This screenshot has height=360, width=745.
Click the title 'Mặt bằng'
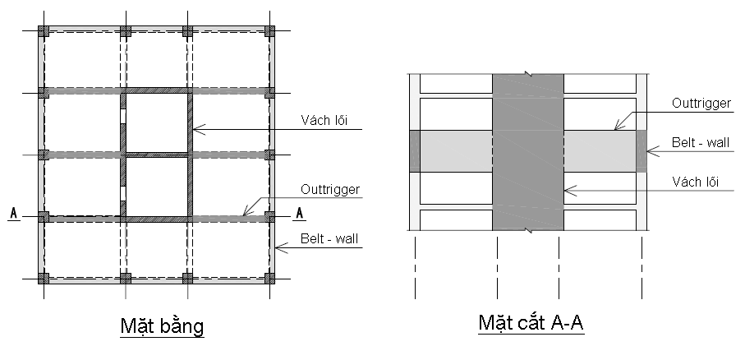[x=162, y=326]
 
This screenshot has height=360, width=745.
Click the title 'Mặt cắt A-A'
[x=531, y=322]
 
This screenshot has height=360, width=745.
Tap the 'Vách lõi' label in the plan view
[x=324, y=120]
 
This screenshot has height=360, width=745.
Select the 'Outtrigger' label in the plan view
[x=330, y=190]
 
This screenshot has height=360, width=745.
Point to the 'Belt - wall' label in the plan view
[x=329, y=238]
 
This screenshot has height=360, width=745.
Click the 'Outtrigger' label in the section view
[x=701, y=104]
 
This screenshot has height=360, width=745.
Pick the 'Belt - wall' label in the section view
[x=701, y=142]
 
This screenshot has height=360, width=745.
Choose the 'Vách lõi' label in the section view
[x=695, y=182]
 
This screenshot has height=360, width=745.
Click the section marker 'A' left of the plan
[x=14, y=213]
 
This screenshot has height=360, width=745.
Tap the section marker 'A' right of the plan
[x=299, y=213]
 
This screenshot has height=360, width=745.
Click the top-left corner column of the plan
[x=44, y=31]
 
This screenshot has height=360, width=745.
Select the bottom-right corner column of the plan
[x=269, y=278]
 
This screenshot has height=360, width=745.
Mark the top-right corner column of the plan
[x=269, y=31]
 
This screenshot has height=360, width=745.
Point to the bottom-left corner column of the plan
[x=44, y=278]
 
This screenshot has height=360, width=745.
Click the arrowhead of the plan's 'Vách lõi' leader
[x=194, y=129]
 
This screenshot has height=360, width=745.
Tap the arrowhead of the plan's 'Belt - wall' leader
[x=275, y=247]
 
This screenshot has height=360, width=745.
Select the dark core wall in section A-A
[x=528, y=152]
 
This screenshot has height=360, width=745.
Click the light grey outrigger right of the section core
[x=600, y=151]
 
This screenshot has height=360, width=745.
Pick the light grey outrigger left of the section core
[x=456, y=151]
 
